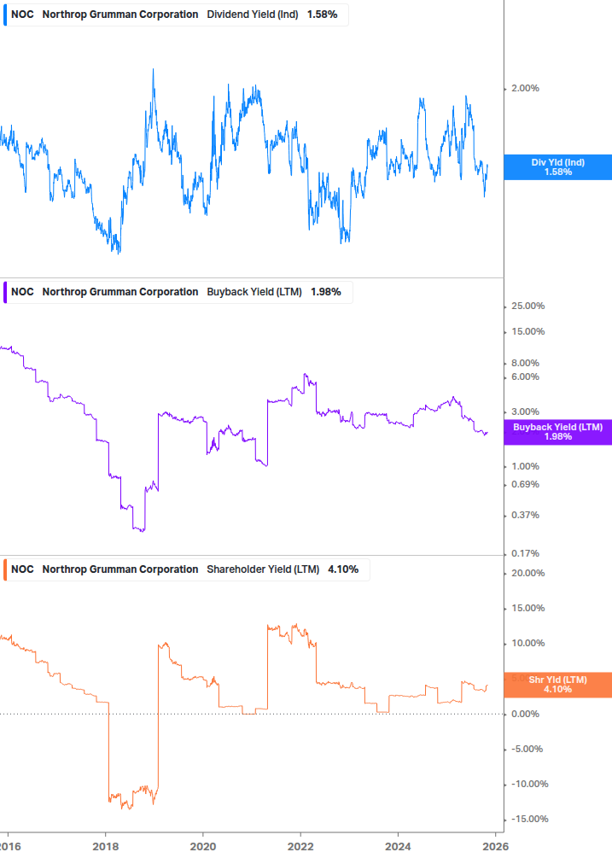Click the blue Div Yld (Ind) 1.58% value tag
pyautogui.click(x=557, y=167)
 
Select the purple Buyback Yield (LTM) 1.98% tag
pyautogui.click(x=557, y=432)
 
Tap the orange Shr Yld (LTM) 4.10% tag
pyautogui.click(x=557, y=684)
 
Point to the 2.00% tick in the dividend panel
pyautogui.click(x=525, y=89)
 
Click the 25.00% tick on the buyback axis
pyautogui.click(x=527, y=306)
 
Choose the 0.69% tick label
pyautogui.click(x=525, y=485)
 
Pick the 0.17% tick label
pyautogui.click(x=525, y=553)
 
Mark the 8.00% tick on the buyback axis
pyautogui.click(x=525, y=363)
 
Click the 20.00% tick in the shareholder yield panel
pyautogui.click(x=527, y=573)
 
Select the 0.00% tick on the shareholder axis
pyautogui.click(x=525, y=714)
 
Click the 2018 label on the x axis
pyautogui.click(x=105, y=847)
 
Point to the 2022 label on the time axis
pyautogui.click(x=300, y=847)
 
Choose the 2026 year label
pyautogui.click(x=495, y=847)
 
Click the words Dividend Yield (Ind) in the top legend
pyautogui.click(x=253, y=15)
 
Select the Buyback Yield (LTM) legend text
pyautogui.click(x=254, y=292)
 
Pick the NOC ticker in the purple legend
pyautogui.click(x=22, y=292)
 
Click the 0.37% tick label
pyautogui.click(x=525, y=516)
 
